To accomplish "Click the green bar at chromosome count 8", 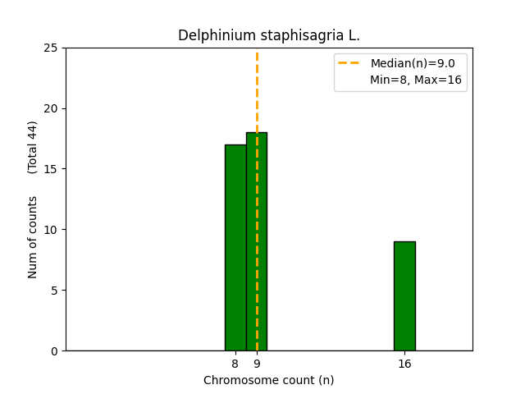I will pyautogui.click(x=235, y=247).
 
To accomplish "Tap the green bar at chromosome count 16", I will pyautogui.click(x=404, y=295).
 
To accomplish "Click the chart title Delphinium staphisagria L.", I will pyautogui.click(x=269, y=36).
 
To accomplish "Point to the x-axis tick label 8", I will pyautogui.click(x=235, y=364).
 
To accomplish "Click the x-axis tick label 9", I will pyautogui.click(x=257, y=364).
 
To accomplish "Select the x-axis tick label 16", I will pyautogui.click(x=404, y=364).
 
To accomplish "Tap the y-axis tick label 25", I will pyautogui.click(x=52, y=48).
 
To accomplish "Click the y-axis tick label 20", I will pyautogui.click(x=52, y=108).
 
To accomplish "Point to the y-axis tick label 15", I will pyautogui.click(x=52, y=169).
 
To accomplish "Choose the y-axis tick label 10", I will pyautogui.click(x=52, y=230).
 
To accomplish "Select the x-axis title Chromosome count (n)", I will pyautogui.click(x=269, y=380).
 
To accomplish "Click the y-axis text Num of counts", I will pyautogui.click(x=33, y=237).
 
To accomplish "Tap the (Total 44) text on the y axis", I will pyautogui.click(x=33, y=147).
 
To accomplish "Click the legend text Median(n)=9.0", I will pyautogui.click(x=407, y=63).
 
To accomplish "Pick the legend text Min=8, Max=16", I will pyautogui.click(x=416, y=80).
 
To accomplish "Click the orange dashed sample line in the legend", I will pyautogui.click(x=351, y=63).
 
